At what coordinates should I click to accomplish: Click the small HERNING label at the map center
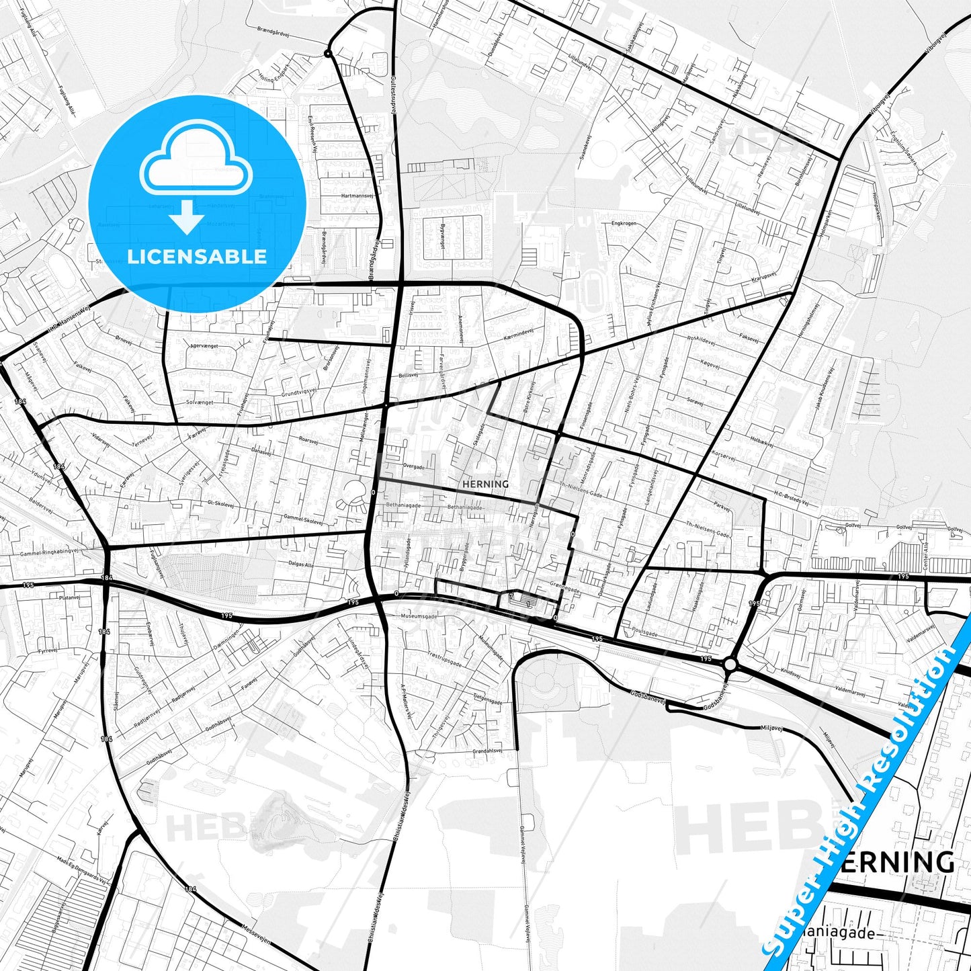point(486,484)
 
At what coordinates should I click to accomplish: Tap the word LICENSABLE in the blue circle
point(197,257)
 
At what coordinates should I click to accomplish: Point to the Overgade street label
point(413,466)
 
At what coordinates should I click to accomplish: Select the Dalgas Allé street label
point(300,566)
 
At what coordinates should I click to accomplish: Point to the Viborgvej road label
point(880,108)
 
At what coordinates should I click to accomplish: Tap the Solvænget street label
point(200,402)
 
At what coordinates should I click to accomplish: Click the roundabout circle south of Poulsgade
point(730,665)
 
